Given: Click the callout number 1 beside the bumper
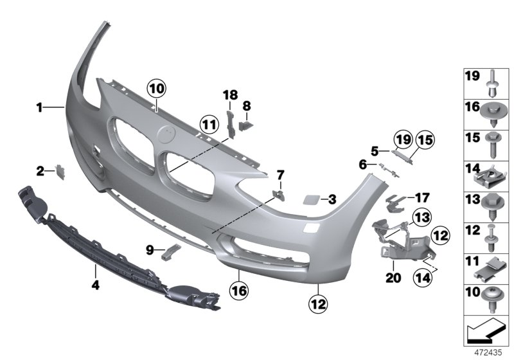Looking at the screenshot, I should click(39, 108).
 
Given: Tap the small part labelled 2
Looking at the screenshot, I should click(62, 170).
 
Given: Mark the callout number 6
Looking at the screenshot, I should click(364, 165).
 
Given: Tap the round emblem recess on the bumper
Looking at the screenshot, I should click(166, 136).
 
